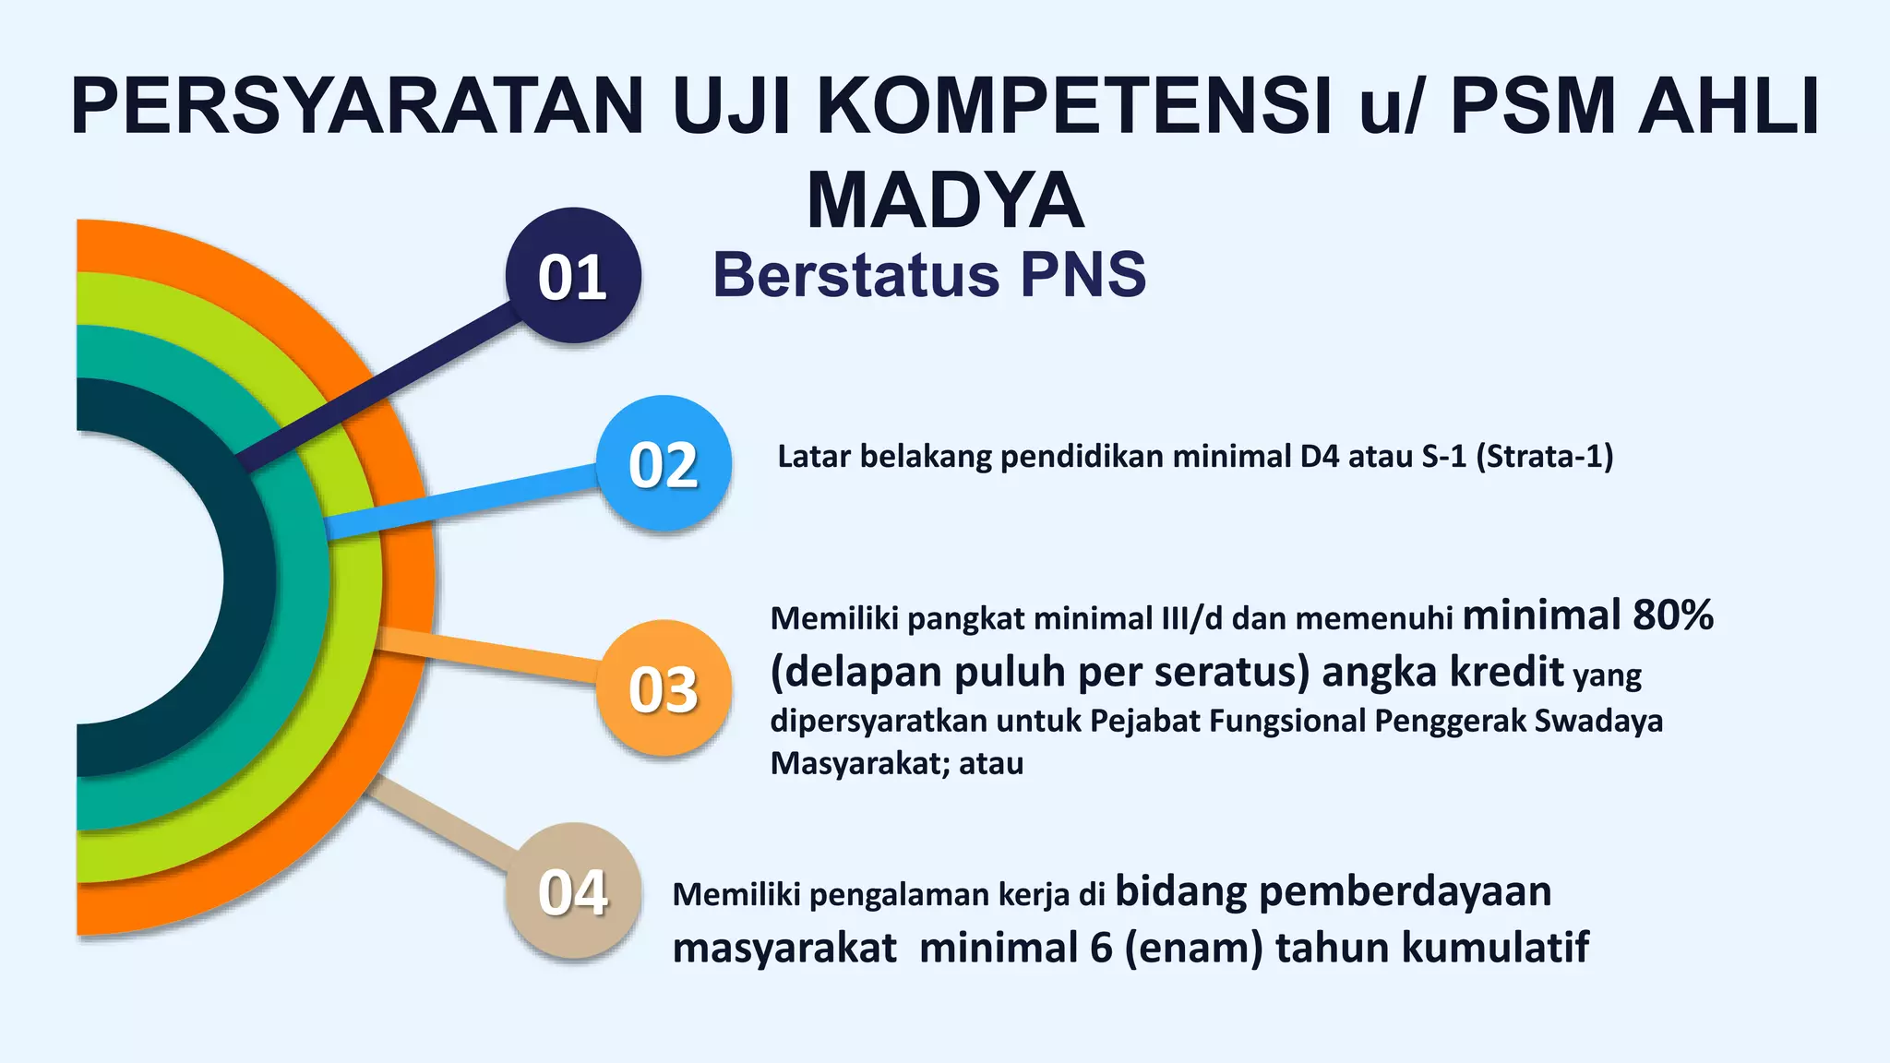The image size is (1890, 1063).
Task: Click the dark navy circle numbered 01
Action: [573, 276]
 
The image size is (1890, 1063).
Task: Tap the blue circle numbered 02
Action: [664, 463]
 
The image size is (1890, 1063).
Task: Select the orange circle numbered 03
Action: [664, 688]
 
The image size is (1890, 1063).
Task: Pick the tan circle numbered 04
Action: [573, 891]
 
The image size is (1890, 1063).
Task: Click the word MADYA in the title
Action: [945, 200]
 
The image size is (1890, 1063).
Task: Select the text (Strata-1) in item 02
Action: [1545, 457]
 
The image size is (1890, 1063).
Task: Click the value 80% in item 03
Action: [1672, 615]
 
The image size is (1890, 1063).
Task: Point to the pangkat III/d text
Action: [1190, 618]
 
